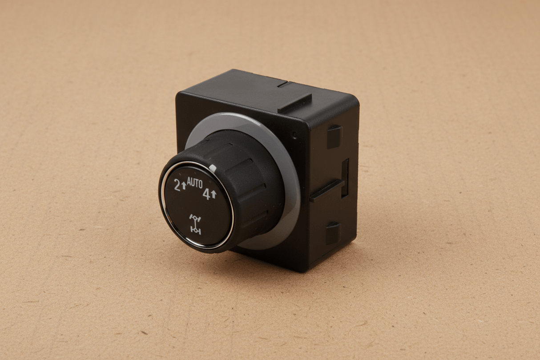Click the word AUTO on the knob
(195, 183)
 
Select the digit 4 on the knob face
(206, 194)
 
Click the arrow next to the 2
(184, 186)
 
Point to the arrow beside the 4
(214, 195)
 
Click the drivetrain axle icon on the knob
(195, 224)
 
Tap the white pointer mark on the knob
(213, 168)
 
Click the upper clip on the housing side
(334, 137)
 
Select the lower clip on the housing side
(334, 233)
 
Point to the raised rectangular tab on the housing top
(295, 103)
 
